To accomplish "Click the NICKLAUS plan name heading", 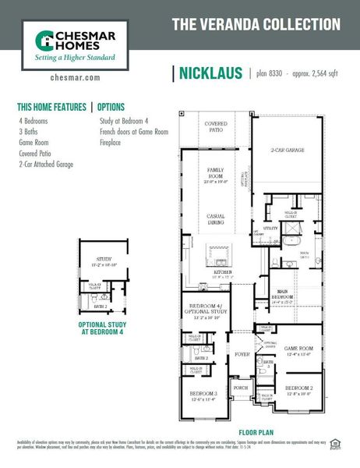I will click(x=212, y=74).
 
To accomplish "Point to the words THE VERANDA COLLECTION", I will click(x=256, y=24).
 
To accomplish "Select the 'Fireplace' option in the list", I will click(x=115, y=143).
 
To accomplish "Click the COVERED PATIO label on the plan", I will click(x=216, y=127).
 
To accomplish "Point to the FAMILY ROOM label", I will click(x=215, y=172).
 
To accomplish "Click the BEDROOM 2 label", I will click(x=298, y=388).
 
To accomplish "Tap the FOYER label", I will click(x=241, y=353).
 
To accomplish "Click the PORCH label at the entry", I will click(x=241, y=388).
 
